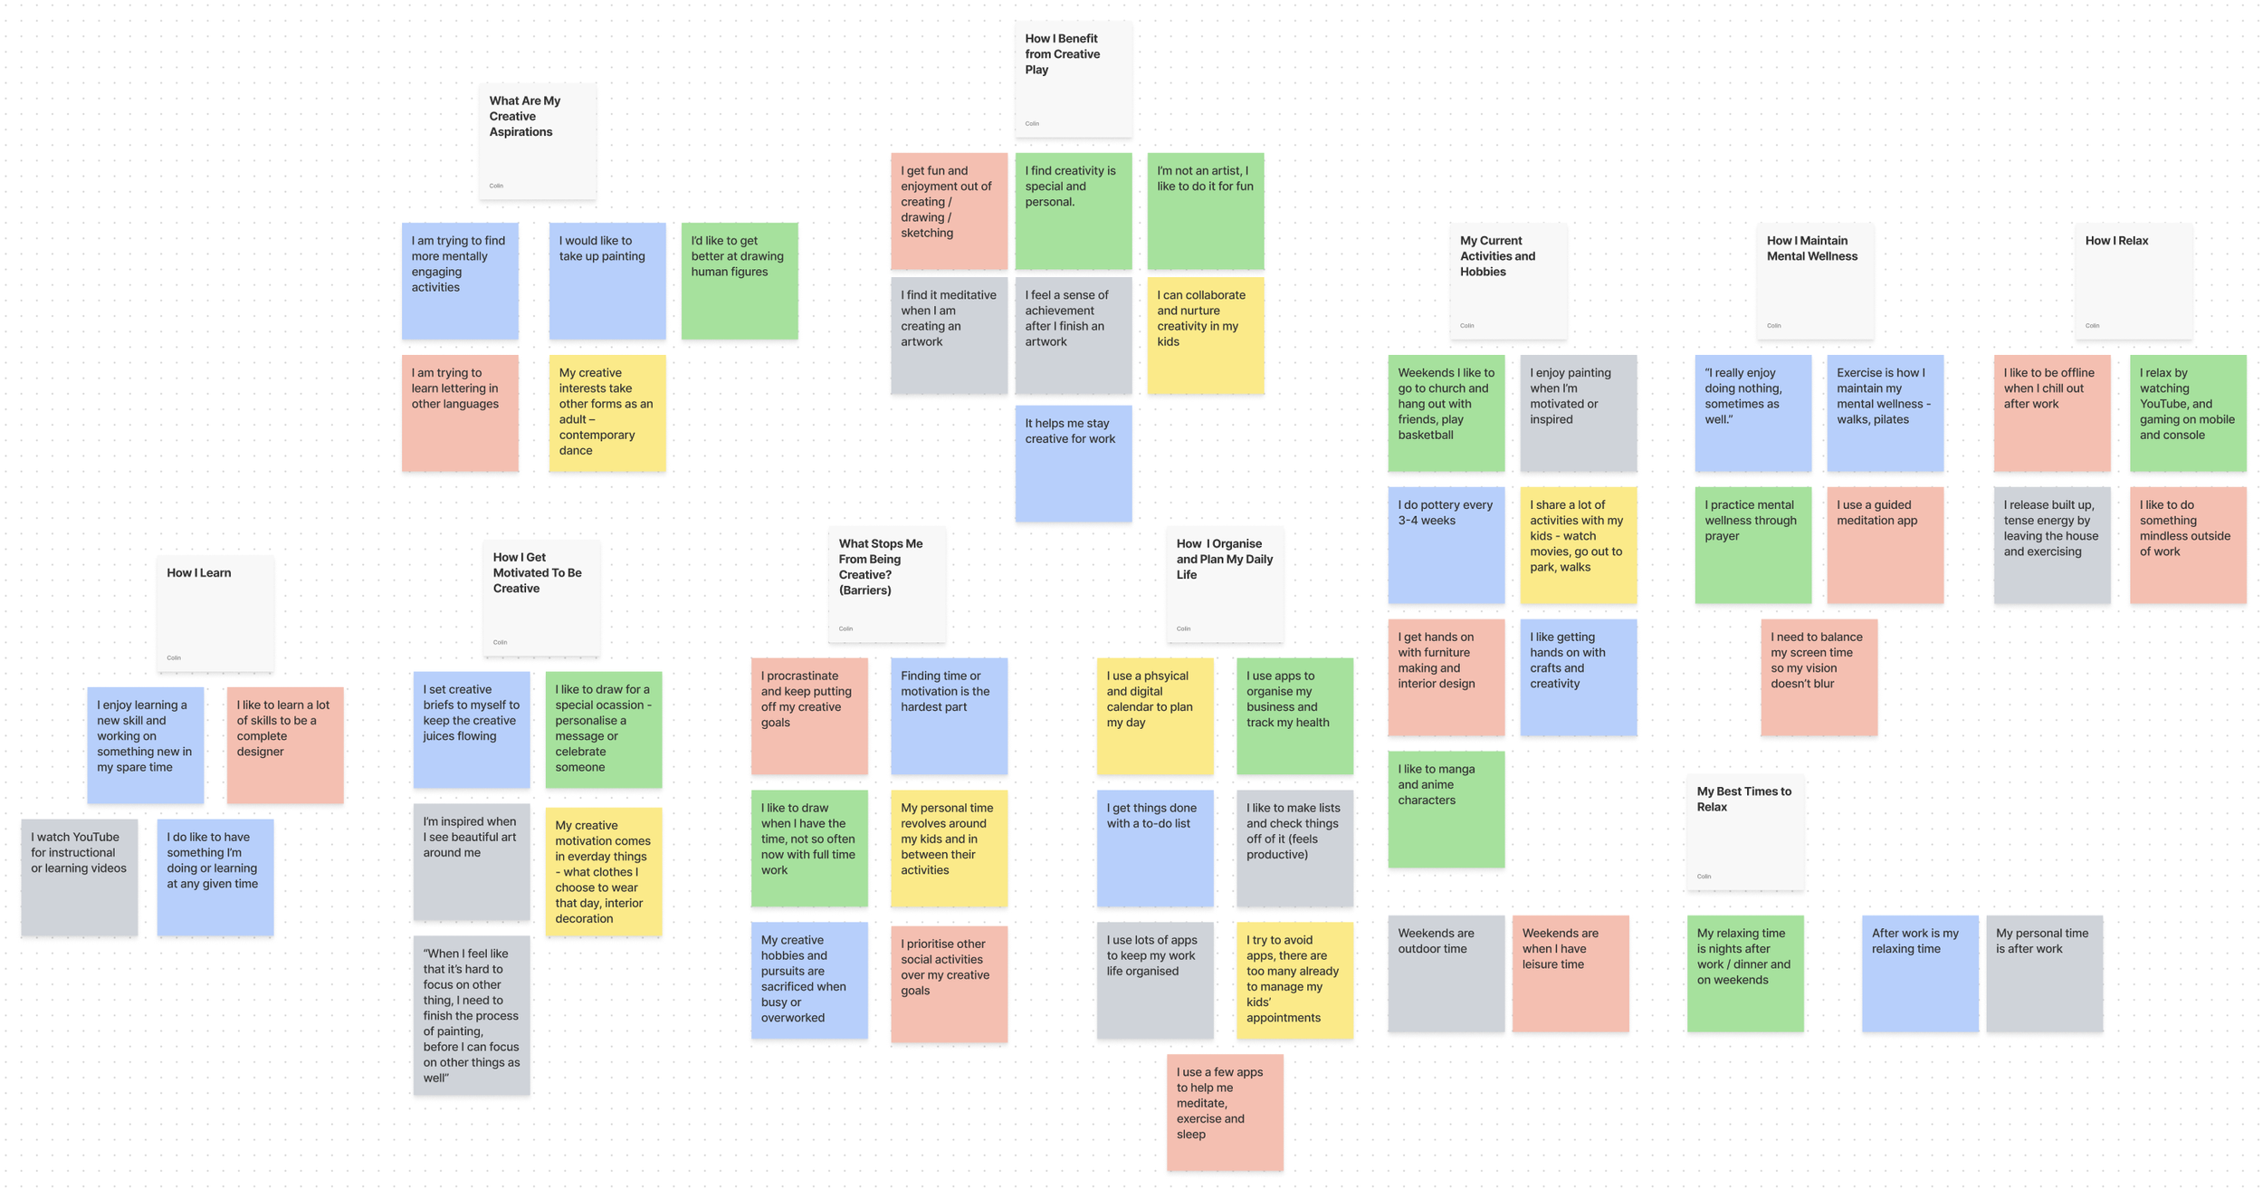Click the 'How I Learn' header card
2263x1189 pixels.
[x=215, y=613]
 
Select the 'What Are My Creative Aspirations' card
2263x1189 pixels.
[x=537, y=140]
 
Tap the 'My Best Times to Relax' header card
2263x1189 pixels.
[x=1744, y=831]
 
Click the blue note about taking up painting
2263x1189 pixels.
[x=606, y=281]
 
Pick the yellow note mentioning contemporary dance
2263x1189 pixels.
[x=606, y=412]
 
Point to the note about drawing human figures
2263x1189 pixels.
[x=739, y=281]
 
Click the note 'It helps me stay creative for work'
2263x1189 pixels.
[x=1073, y=463]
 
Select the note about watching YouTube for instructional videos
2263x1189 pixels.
[x=80, y=877]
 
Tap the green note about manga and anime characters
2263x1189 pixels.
[x=1446, y=809]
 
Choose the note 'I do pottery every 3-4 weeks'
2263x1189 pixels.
[x=1446, y=544]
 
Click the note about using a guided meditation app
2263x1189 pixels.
[x=1885, y=544]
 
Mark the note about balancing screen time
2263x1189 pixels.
[x=1819, y=676]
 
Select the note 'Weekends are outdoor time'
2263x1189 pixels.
[x=1446, y=973]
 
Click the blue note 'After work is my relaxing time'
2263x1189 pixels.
[x=1919, y=973]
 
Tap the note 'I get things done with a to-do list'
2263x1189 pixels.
[x=1154, y=848]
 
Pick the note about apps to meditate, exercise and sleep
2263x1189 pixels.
[x=1224, y=1111]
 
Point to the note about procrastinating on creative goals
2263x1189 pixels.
[x=808, y=715]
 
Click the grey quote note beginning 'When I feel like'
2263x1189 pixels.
[x=471, y=1014]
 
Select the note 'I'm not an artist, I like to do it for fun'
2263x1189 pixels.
[x=1205, y=210]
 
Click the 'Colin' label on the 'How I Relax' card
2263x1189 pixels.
[x=2092, y=326]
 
